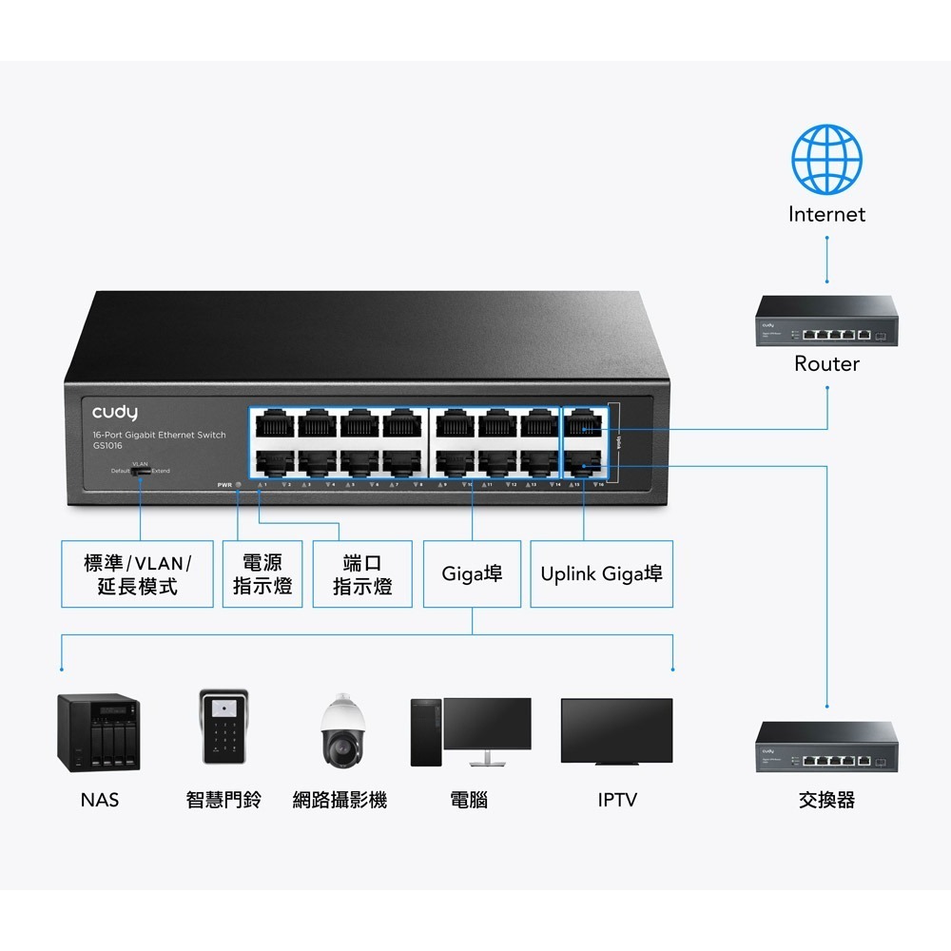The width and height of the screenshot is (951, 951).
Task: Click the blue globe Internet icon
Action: click(x=826, y=157)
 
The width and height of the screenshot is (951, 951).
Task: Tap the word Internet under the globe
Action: click(x=826, y=215)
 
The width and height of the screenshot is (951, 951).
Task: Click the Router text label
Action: click(x=826, y=364)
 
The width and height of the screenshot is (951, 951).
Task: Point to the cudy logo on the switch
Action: click(x=115, y=413)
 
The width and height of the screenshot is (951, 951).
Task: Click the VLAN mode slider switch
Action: click(x=141, y=471)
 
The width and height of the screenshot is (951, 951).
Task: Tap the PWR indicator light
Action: click(x=238, y=485)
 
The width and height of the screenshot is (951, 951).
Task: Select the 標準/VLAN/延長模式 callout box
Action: click(x=138, y=574)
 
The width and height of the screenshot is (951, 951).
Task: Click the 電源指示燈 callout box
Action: click(x=262, y=574)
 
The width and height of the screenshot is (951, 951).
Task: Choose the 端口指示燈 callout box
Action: click(x=362, y=574)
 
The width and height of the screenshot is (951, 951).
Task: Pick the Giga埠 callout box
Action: click(x=472, y=574)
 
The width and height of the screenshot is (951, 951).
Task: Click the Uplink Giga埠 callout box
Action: click(x=601, y=574)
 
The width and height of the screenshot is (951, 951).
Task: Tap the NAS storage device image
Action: click(x=99, y=730)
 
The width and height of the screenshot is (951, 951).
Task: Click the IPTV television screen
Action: click(x=616, y=730)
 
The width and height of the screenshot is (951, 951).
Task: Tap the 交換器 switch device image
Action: click(x=826, y=747)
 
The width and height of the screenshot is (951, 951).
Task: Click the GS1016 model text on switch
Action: click(x=107, y=446)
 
